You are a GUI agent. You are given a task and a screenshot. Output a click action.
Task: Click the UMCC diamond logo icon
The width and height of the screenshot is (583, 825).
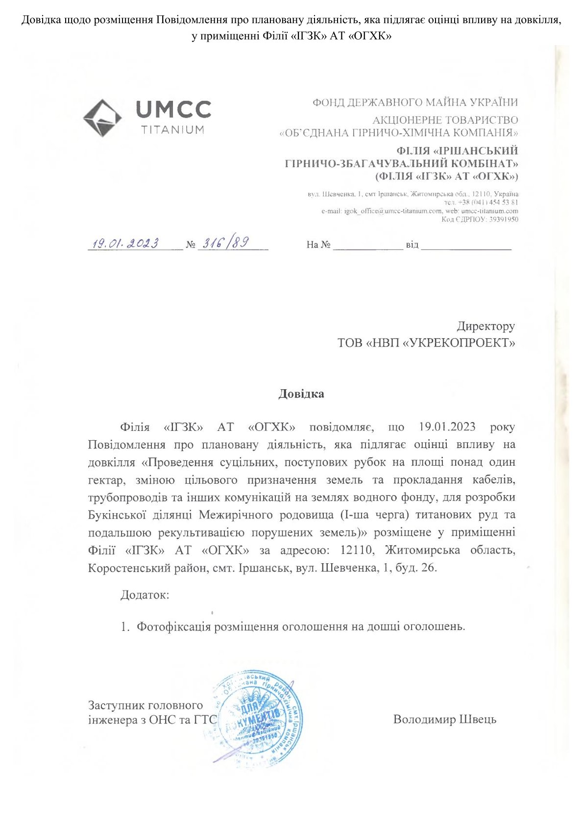pos(102,118)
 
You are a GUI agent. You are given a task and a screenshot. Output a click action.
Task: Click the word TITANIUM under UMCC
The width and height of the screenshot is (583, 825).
pos(172,130)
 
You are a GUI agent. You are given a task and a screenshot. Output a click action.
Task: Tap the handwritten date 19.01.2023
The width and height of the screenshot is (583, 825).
pos(126,243)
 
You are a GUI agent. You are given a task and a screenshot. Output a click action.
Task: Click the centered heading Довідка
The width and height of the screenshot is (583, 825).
pos(301,394)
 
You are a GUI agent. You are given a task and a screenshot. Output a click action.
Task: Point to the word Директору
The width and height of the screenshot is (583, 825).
pos(486,326)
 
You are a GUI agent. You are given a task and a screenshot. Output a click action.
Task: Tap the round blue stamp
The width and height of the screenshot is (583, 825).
pos(258,716)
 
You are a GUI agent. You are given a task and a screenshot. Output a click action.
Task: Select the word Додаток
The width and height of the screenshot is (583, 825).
pos(145,595)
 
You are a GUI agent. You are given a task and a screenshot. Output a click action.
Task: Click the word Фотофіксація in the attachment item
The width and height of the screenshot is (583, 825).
pos(173,626)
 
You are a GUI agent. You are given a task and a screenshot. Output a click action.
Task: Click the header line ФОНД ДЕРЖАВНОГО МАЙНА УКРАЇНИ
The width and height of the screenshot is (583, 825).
pos(415,102)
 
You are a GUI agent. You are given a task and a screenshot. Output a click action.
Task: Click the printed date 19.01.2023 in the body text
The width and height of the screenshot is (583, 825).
pos(447,426)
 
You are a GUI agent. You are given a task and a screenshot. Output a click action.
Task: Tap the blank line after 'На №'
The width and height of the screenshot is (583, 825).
pos(368,245)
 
